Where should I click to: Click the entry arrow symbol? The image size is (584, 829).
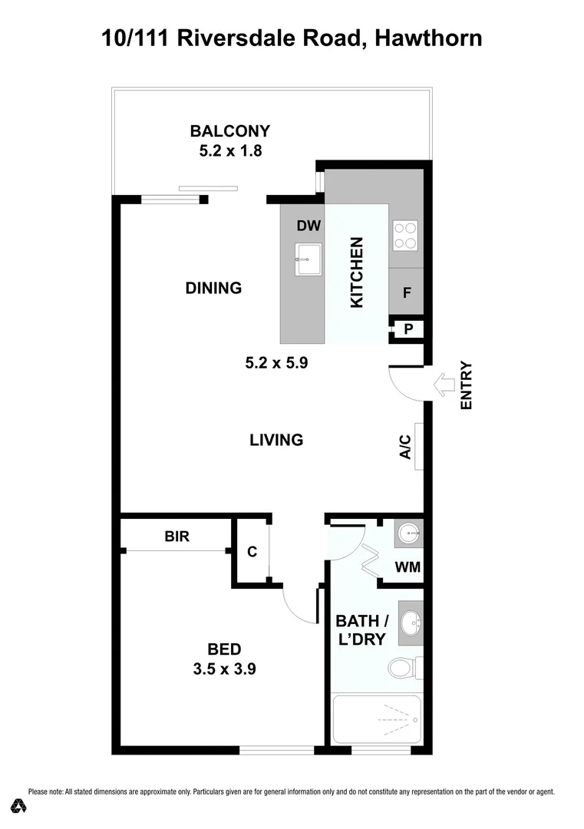444,385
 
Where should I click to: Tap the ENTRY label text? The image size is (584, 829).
466,385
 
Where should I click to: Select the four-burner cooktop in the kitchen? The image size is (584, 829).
405,235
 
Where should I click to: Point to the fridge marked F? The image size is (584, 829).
406,292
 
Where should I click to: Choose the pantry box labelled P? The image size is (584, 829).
408,329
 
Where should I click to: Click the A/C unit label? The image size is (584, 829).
406,448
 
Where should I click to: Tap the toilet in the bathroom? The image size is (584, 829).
402,667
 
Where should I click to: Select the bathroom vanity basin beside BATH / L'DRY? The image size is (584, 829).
411,623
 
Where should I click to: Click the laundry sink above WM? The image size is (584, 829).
409,532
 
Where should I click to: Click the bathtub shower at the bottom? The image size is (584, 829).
376,719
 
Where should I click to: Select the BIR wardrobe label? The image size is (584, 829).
177,537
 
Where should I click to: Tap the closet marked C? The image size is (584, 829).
251,552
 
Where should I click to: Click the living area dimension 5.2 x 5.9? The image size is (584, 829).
276,364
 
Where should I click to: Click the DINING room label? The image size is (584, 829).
213,289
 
